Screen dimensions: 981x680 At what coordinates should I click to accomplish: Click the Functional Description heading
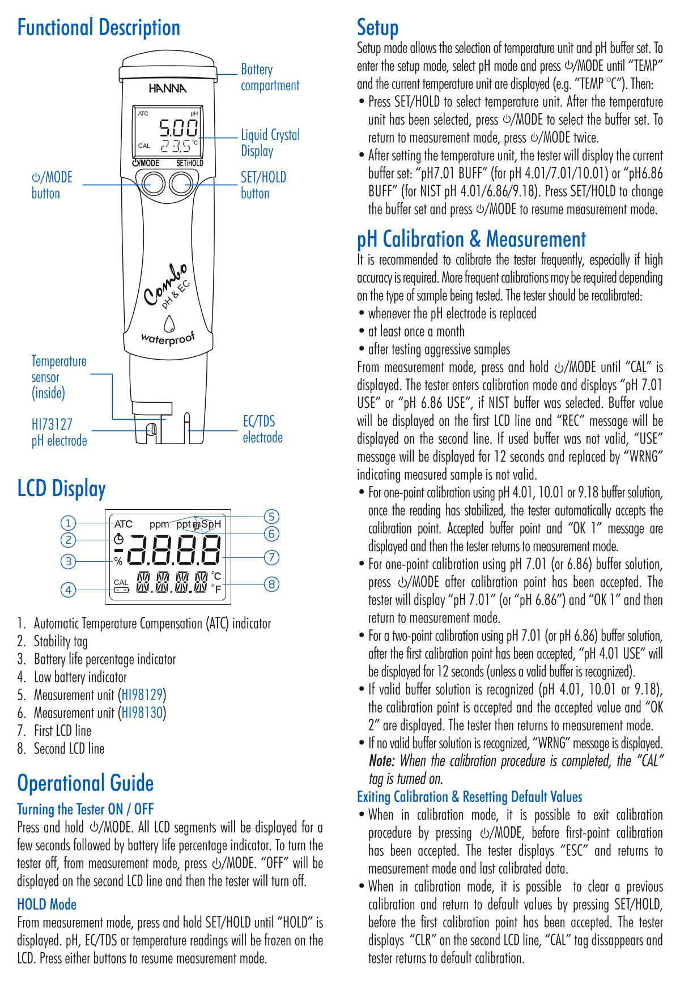(x=99, y=27)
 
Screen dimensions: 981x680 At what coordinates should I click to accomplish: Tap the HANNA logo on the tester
(x=167, y=88)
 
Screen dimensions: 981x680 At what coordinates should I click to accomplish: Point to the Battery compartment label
(x=270, y=78)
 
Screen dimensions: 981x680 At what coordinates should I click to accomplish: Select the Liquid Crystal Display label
(x=270, y=143)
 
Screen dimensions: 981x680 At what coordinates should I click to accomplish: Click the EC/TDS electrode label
(x=262, y=429)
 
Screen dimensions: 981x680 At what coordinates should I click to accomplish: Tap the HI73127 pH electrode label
(x=59, y=432)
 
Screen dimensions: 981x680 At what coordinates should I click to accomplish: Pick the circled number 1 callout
(x=68, y=522)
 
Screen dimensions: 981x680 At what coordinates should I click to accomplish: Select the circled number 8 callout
(x=272, y=584)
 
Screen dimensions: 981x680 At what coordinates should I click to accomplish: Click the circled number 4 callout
(x=68, y=590)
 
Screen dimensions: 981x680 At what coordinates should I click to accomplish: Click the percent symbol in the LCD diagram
(x=118, y=562)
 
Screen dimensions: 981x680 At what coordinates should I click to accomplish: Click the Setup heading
(x=377, y=27)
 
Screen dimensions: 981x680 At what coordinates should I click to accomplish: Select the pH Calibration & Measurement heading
(x=471, y=239)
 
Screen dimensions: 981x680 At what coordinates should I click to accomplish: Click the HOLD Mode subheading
(x=46, y=904)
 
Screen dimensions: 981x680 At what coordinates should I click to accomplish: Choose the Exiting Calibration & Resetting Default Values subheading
(x=469, y=797)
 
